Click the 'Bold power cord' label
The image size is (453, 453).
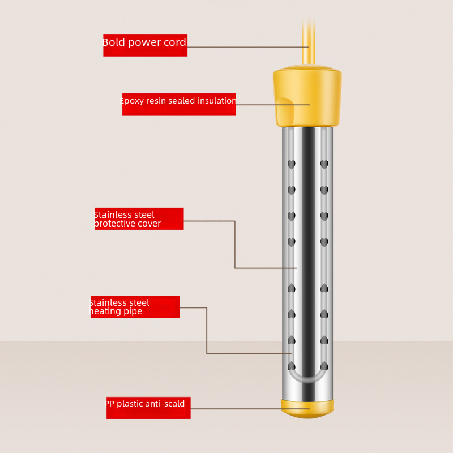(145, 45)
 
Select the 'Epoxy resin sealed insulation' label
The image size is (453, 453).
(179, 104)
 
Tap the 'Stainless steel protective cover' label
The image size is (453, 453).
(139, 219)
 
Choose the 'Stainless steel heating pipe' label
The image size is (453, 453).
(135, 307)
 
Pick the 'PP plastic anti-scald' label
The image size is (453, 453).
(148, 408)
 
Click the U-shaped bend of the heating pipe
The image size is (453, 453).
(307, 378)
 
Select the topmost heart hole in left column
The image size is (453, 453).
(291, 164)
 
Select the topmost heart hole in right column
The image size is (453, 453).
(324, 164)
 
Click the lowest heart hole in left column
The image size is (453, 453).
(291, 366)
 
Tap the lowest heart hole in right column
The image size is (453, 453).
(324, 366)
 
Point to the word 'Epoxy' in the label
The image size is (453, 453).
(132, 101)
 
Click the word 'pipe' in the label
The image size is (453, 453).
(132, 311)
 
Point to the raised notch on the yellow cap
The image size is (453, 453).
(285, 111)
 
